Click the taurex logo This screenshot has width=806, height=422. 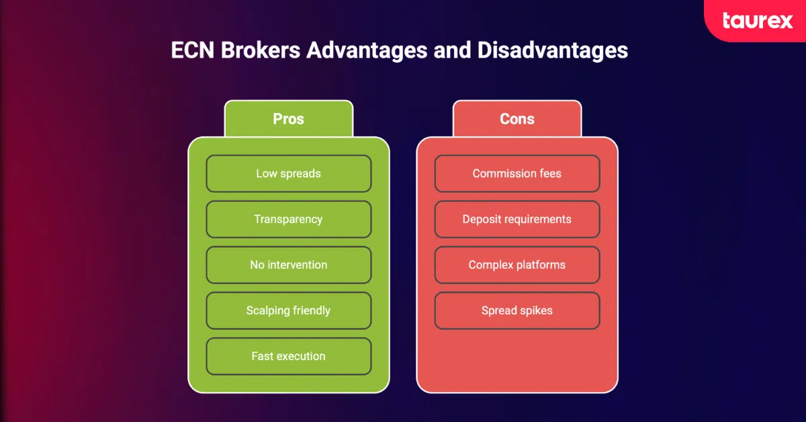tap(757, 20)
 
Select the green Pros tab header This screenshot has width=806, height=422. tap(288, 119)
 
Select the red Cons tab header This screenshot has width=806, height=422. tap(517, 119)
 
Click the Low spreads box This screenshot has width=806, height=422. tap(288, 173)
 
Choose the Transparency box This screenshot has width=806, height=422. tap(288, 219)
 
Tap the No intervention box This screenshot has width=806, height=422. tap(288, 265)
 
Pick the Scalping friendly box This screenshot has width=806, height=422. tap(288, 310)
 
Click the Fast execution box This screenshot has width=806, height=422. tap(288, 356)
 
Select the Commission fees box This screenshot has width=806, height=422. tap(517, 173)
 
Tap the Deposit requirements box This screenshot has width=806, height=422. tap(517, 219)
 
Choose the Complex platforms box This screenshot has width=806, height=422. tap(517, 265)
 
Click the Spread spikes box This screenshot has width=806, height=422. tap(517, 310)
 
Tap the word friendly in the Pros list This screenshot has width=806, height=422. tap(309, 310)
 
